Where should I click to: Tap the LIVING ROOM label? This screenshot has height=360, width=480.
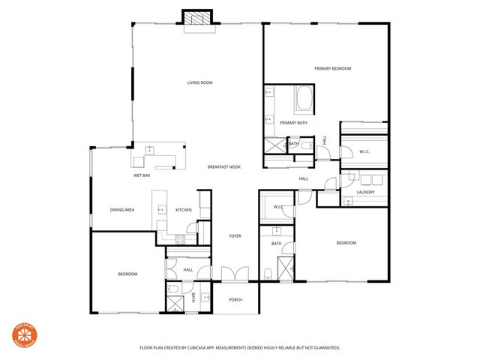[199, 82]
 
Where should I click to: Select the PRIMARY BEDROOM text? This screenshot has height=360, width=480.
[332, 68]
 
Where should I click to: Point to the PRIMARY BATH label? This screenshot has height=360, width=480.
[293, 122]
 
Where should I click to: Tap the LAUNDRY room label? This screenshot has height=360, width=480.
[365, 192]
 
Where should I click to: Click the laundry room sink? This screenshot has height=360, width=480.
[348, 200]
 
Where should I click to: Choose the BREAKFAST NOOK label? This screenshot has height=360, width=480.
[224, 166]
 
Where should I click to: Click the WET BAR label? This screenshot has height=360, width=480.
[142, 175]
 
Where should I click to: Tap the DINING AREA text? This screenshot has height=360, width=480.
[121, 209]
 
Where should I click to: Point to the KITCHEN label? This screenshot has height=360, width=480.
[184, 209]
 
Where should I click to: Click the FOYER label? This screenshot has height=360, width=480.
[235, 236]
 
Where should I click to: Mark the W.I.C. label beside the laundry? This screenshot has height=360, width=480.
[364, 152]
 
